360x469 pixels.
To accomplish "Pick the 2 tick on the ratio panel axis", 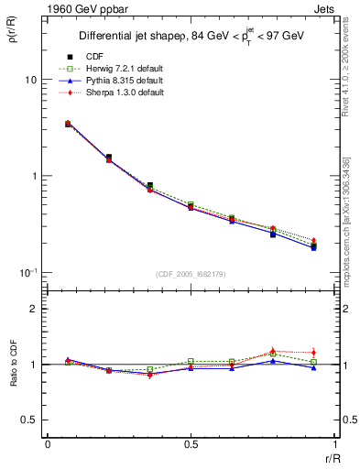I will pyautogui.click(x=34, y=309).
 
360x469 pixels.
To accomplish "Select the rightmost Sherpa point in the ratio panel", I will pyautogui.click(x=313, y=352).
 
